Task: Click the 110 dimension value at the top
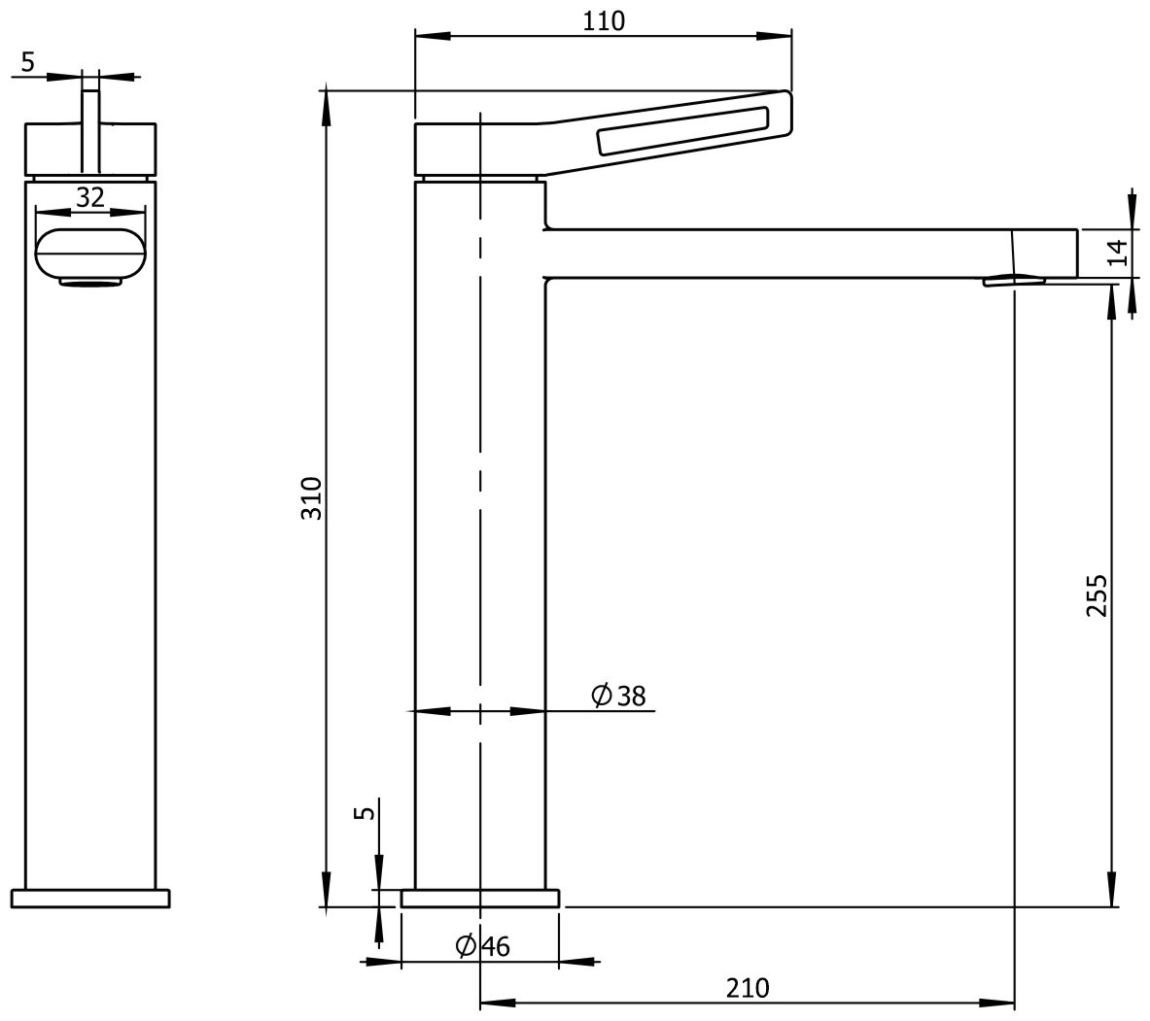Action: [x=604, y=20]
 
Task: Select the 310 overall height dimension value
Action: [x=312, y=498]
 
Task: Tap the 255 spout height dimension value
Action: [x=1097, y=596]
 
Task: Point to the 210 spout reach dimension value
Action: [x=748, y=988]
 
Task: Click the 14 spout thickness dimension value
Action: [x=1118, y=254]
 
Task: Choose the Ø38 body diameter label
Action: [x=618, y=695]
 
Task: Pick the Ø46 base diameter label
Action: [x=482, y=946]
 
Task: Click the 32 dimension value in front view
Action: [x=90, y=197]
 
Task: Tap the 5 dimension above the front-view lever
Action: [x=28, y=62]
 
